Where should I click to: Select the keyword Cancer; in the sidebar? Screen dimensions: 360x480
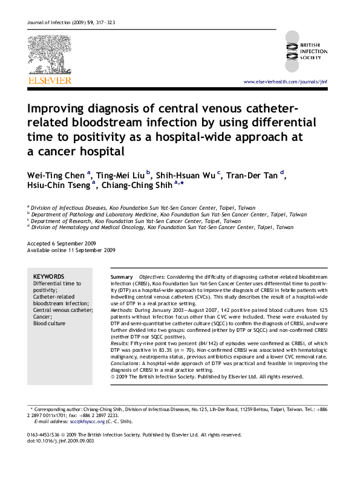(42, 317)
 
